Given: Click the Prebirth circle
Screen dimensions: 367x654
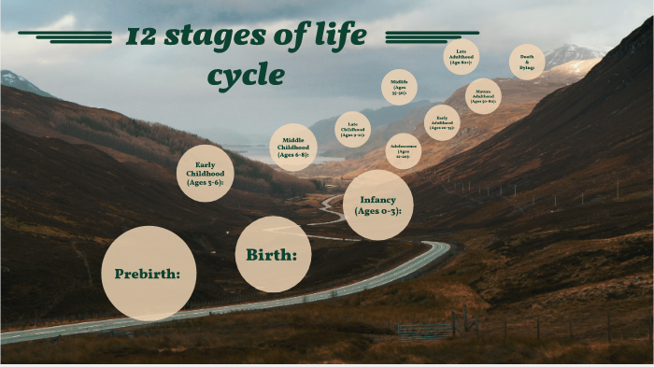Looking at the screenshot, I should click(148, 273).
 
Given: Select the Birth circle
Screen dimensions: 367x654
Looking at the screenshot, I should click(273, 254).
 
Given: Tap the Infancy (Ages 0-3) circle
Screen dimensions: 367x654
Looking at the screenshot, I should click(377, 205).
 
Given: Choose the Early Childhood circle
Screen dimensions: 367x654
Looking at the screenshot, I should click(206, 173).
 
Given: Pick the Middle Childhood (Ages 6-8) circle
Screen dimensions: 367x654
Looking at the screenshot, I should click(293, 148).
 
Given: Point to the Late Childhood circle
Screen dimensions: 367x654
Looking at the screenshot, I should click(352, 129).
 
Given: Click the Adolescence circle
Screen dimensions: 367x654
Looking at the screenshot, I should click(403, 150).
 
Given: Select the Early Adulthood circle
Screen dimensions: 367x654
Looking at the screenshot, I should click(442, 121).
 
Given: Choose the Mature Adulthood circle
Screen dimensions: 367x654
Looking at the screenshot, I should click(483, 96).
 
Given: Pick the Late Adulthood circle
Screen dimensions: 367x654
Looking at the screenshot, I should click(462, 57).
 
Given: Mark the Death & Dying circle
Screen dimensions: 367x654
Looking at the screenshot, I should click(527, 62).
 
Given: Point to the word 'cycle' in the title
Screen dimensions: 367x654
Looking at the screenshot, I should click(246, 75).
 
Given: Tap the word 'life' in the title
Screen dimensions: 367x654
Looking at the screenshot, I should click(334, 36).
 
